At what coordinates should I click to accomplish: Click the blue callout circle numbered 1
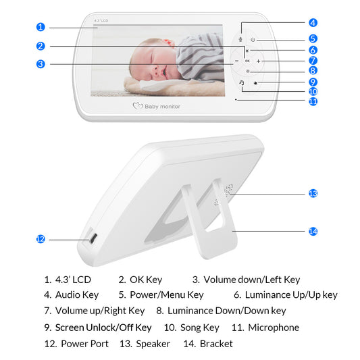point(41,27)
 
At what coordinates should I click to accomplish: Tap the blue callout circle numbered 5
point(313,38)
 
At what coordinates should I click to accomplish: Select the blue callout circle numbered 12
point(41,238)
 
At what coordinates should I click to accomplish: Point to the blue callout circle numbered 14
point(313,231)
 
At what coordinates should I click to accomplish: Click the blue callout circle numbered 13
point(313,193)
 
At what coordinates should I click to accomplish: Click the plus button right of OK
point(258,61)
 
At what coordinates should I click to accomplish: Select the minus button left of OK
point(237,61)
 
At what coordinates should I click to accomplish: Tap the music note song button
point(241,82)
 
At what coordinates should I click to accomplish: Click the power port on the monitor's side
point(92,238)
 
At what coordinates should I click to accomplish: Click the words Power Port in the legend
point(84,344)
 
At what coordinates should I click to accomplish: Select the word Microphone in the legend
point(274,328)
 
